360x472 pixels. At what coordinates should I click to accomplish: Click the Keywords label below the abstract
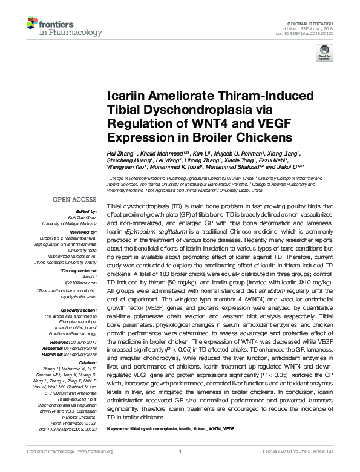117,428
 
